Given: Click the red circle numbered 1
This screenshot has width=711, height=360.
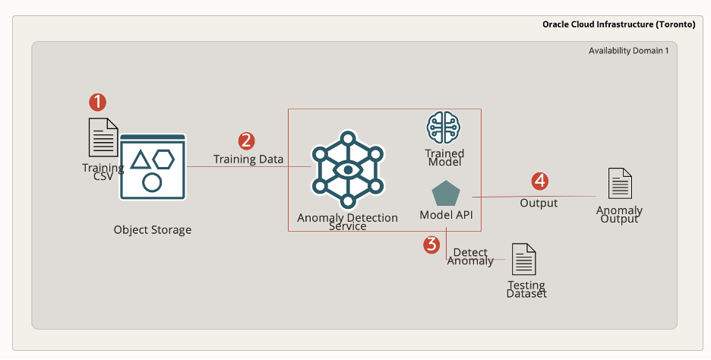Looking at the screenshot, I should (x=97, y=102).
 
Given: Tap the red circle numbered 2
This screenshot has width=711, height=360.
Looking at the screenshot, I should (x=246, y=141).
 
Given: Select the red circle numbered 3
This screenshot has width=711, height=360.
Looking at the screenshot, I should (x=431, y=244).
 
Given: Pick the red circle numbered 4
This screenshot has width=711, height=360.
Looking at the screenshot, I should (x=539, y=181).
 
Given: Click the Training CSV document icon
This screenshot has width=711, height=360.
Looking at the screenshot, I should (x=103, y=137).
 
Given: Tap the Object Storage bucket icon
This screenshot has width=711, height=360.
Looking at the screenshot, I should (x=153, y=167).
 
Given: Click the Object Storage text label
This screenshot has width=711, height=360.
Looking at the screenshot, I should (x=153, y=229).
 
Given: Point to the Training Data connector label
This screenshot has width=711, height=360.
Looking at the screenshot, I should (x=248, y=159).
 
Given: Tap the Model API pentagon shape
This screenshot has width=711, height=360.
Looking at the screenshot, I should (x=446, y=194).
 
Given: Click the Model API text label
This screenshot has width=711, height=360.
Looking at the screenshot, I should (x=446, y=215).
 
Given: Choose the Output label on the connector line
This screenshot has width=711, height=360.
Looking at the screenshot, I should (x=539, y=203).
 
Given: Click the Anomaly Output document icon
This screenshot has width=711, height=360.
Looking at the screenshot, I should (x=620, y=185).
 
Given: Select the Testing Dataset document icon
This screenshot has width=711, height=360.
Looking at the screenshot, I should (x=523, y=260).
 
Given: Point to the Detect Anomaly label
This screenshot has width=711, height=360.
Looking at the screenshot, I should (x=470, y=256).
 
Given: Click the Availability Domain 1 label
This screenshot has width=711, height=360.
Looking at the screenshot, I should (x=628, y=51).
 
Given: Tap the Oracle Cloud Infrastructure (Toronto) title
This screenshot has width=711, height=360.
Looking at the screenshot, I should (x=618, y=24).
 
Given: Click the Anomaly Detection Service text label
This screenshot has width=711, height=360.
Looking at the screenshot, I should (x=347, y=222).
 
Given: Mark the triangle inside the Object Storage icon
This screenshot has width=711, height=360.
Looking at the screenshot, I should (x=140, y=159).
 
